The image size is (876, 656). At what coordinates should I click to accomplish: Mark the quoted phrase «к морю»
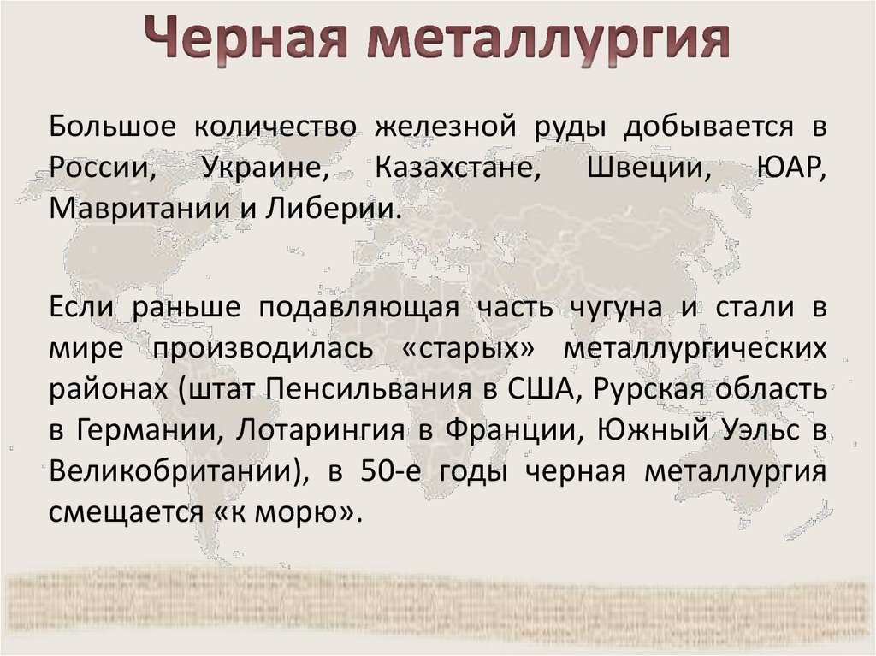click(x=299, y=512)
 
